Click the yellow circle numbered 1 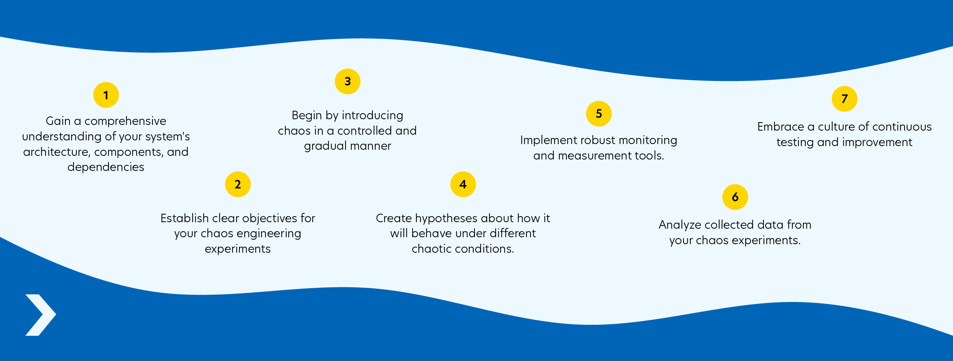pos(106,95)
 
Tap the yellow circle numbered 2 pos(238,184)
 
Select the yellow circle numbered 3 pos(348,81)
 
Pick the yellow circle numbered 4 pos(463,184)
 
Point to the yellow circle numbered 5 pos(599,114)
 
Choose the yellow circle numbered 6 pos(735,197)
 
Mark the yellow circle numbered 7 pos(844,99)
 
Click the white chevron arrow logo pos(41,315)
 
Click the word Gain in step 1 pos(58,121)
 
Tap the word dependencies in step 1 pos(106,167)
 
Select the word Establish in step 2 pos(185,218)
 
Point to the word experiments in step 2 pos(238,249)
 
